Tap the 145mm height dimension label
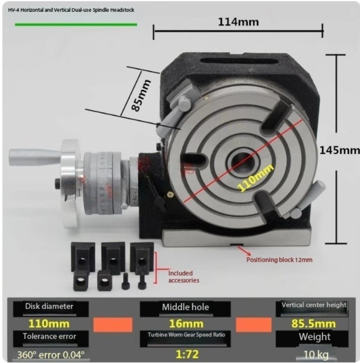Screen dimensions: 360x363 pyautogui.click(x=340, y=150)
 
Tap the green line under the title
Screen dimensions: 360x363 pyautogui.click(x=76, y=24)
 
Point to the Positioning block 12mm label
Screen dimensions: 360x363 pyautogui.click(x=279, y=260)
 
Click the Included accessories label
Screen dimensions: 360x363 pyautogui.click(x=180, y=277)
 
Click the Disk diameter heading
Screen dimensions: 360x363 pyautogui.click(x=50, y=307)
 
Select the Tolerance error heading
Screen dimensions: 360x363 pyautogui.click(x=50, y=336)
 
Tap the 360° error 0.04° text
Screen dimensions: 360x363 pyautogui.click(x=50, y=354)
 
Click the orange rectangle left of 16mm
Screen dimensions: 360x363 pyautogui.click(x=112, y=324)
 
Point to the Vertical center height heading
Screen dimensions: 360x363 pyautogui.click(x=314, y=305)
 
